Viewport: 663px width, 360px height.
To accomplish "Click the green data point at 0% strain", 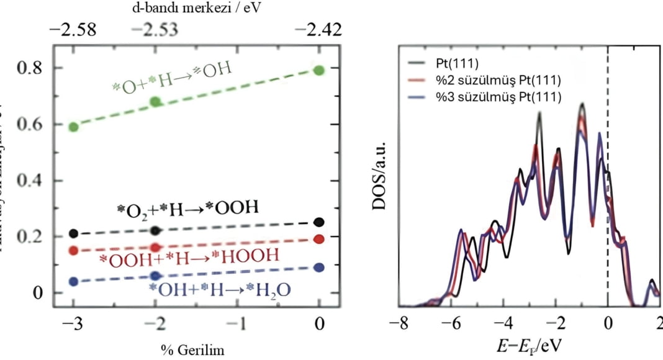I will coord(319,70).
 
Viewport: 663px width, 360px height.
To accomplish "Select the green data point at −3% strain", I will coord(74,127).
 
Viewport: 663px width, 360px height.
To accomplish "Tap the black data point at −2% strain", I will coord(156,230).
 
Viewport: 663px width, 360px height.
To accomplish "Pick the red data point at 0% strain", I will coord(319,239).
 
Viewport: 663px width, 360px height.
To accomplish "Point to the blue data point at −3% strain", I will coord(74,282).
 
